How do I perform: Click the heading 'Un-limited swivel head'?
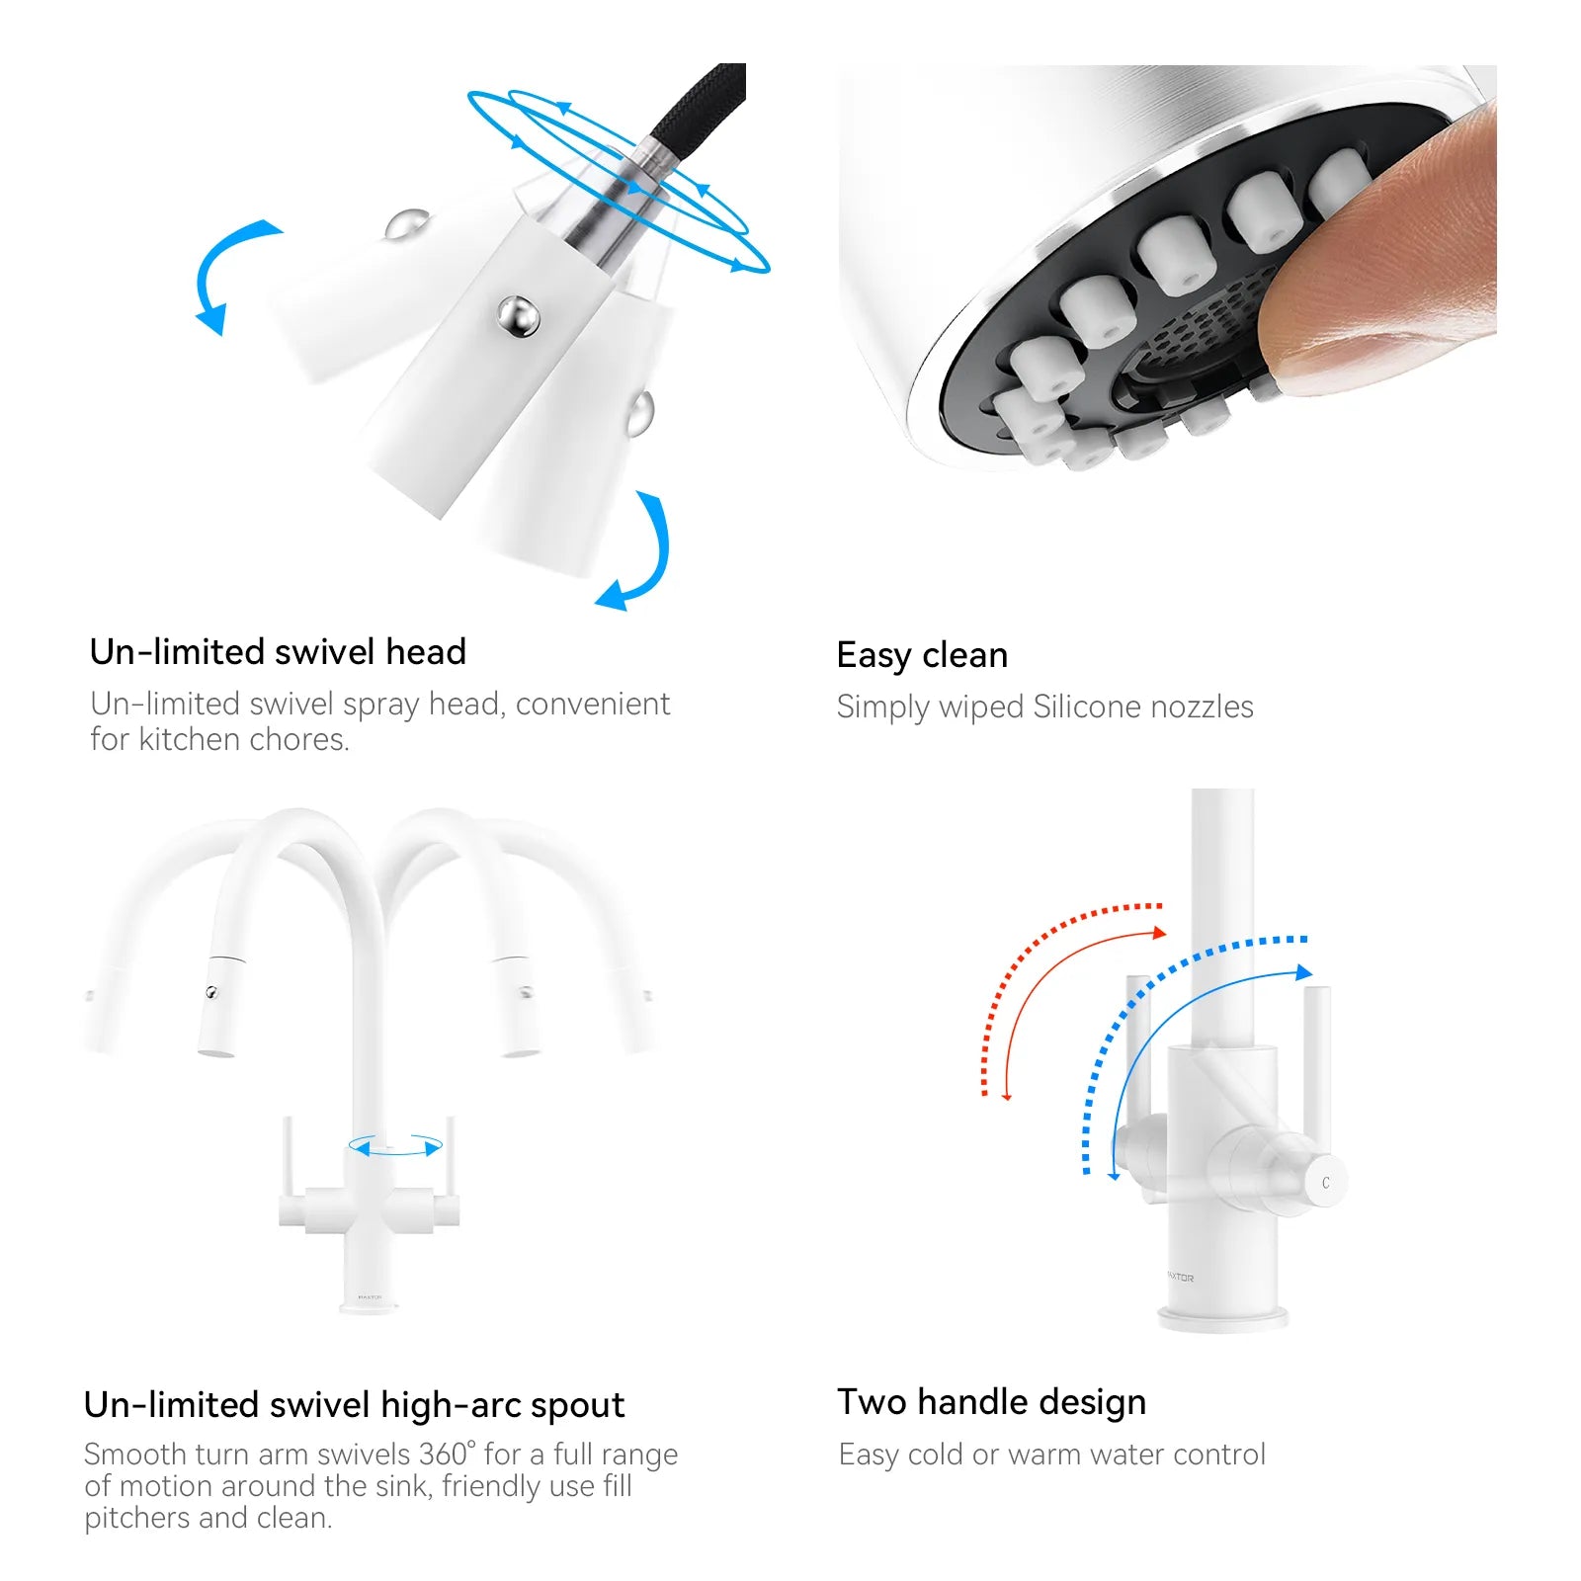pos(278,652)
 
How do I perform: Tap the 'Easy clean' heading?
pos(922,655)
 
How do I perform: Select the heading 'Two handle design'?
pos(992,1402)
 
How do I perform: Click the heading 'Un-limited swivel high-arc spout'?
pos(355,1405)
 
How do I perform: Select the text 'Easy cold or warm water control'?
pos(1051,1455)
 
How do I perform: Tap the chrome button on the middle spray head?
pos(518,316)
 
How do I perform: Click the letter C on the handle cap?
pos(1326,1183)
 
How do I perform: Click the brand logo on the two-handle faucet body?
pos(1180,1278)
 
